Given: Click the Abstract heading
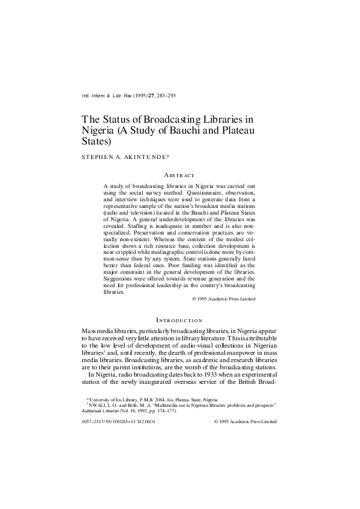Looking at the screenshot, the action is [179, 175].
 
